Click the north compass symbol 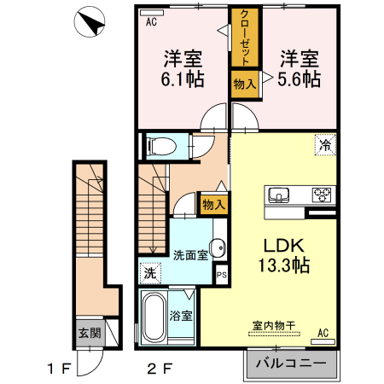pyautogui.click(x=90, y=24)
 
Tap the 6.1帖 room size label pyautogui.click(x=183, y=79)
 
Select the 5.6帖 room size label pyautogui.click(x=300, y=79)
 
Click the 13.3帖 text pyautogui.click(x=285, y=264)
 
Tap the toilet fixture pyautogui.click(x=162, y=146)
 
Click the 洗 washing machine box pyautogui.click(x=148, y=274)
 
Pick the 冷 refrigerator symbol pyautogui.click(x=324, y=145)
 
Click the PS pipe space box pyautogui.click(x=221, y=275)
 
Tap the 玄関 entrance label pyautogui.click(x=88, y=333)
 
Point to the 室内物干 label pyautogui.click(x=274, y=325)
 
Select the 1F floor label pyautogui.click(x=58, y=370)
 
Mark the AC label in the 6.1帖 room pyautogui.click(x=151, y=23)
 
